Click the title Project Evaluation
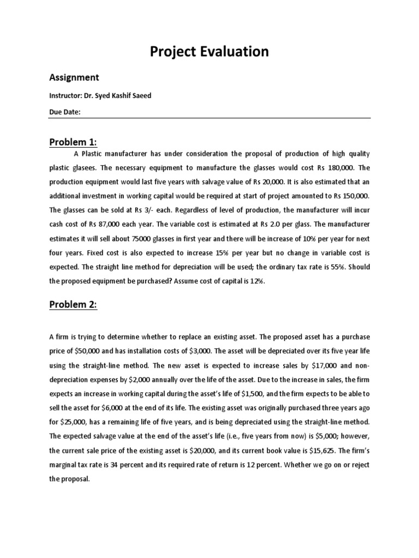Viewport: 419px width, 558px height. tap(209, 52)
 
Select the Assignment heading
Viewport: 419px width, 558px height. tap(74, 78)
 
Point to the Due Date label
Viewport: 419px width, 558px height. tap(65, 112)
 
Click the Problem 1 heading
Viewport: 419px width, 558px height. tap(73, 142)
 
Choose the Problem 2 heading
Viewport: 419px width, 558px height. tap(73, 305)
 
